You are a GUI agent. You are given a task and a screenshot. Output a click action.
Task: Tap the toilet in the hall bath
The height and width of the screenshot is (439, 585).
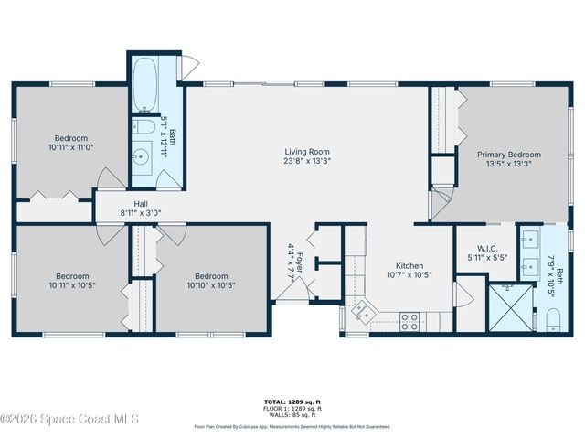click(145, 127)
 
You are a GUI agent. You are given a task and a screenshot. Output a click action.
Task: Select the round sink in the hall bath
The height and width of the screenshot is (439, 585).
click(142, 158)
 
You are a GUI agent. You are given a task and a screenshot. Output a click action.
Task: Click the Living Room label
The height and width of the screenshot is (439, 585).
click(306, 152)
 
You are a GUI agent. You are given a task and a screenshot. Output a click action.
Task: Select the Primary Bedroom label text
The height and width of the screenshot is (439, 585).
click(508, 155)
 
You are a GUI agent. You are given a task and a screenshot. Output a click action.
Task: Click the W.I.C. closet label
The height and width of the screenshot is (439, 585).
click(486, 247)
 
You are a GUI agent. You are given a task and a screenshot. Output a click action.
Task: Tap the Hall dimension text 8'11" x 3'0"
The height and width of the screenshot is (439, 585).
click(141, 213)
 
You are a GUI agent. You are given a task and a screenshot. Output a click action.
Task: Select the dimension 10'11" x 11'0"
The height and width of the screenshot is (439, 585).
click(71, 146)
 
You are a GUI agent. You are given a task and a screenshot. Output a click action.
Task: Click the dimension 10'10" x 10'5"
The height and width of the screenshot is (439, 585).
click(210, 284)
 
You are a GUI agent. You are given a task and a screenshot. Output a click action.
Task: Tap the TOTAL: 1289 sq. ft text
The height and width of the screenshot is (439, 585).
click(292, 402)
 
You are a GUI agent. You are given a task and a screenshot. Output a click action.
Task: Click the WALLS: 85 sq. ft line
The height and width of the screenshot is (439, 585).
click(292, 417)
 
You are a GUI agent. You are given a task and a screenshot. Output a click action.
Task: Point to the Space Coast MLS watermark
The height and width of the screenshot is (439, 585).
click(69, 420)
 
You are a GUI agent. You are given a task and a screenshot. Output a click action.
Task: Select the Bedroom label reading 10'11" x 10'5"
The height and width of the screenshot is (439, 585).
click(71, 280)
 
